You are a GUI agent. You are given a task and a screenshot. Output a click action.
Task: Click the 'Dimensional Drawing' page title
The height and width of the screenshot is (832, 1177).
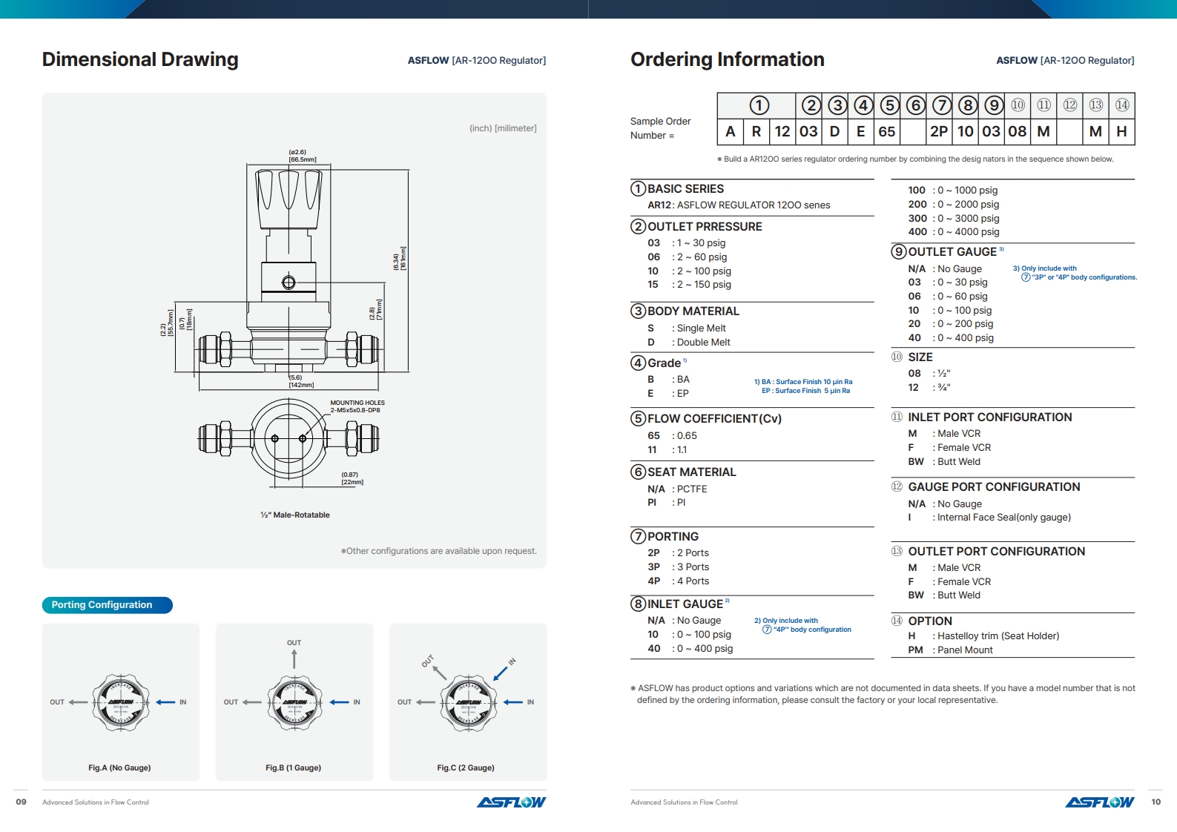(140, 59)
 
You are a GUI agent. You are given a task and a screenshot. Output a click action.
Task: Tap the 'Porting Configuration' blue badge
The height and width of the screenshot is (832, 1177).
(107, 605)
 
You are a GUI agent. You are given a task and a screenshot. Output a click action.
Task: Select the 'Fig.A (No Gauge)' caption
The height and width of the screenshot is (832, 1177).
(119, 767)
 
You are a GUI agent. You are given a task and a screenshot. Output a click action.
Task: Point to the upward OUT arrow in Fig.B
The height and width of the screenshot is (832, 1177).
(294, 658)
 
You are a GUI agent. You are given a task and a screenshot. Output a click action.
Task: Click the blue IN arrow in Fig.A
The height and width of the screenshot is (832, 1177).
(165, 702)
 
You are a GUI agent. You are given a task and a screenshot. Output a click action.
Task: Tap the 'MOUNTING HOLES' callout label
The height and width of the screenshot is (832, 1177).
(357, 403)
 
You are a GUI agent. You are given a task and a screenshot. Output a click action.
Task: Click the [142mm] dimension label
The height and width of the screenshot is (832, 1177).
(301, 385)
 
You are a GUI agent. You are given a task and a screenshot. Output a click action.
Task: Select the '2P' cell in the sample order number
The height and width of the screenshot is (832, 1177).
(939, 131)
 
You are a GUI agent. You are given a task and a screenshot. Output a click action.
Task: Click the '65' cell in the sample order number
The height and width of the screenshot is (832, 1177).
(887, 131)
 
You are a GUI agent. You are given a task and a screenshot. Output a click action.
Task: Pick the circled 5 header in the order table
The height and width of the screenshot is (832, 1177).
(889, 105)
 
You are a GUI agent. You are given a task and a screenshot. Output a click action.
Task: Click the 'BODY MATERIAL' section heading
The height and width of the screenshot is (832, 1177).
(693, 311)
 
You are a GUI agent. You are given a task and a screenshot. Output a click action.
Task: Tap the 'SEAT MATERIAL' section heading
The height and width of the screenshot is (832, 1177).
(691, 472)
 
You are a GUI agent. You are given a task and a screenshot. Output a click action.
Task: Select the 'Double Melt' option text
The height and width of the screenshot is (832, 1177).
(703, 343)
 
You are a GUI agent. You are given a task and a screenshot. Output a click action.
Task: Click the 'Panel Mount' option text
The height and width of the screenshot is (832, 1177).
(965, 650)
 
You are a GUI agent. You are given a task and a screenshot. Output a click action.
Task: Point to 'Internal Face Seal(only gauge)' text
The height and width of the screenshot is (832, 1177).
(1003, 518)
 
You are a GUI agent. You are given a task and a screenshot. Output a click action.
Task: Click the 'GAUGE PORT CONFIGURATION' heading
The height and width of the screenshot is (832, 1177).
(994, 487)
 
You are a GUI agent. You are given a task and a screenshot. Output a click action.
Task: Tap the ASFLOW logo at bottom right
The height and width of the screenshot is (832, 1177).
(1099, 802)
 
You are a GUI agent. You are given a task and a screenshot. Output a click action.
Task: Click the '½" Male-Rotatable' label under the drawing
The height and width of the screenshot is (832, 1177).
(295, 515)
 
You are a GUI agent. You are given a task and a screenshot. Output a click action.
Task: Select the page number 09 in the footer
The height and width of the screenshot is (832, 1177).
(21, 802)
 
